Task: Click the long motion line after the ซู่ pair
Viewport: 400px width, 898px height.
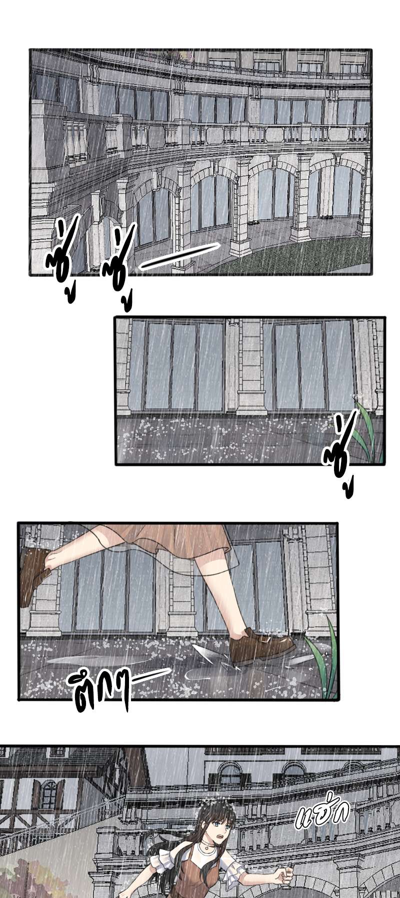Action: [180, 256]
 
